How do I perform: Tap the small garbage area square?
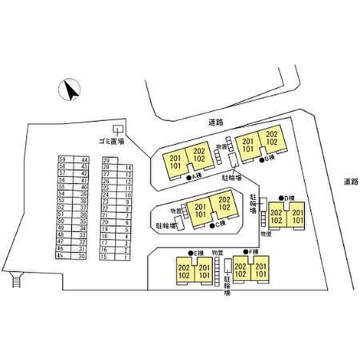coord(118,129)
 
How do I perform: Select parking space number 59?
coord(62,160)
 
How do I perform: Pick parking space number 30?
coord(82,255)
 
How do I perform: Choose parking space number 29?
coord(107,161)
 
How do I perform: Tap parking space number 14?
coord(128,168)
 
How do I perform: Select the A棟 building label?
coord(195,176)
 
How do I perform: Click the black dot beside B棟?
coord(261,159)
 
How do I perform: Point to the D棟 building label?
coord(290,198)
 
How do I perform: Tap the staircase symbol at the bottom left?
coord(17,280)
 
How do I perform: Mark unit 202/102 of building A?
coord(196,155)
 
